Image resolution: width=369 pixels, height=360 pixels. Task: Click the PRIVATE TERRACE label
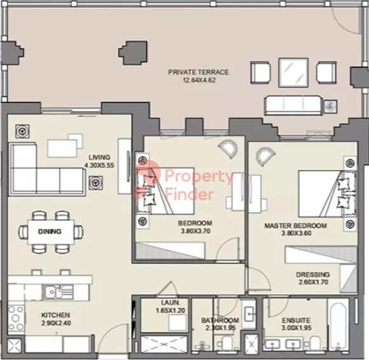click(x=198, y=72)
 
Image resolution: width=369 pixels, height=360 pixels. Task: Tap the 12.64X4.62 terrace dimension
click(x=199, y=80)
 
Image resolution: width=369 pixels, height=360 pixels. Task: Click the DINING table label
click(x=50, y=232)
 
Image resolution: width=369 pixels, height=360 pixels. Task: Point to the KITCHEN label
click(x=55, y=315)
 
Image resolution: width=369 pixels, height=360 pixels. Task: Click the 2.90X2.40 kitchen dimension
click(x=56, y=323)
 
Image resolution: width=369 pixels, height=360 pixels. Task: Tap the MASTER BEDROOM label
click(x=296, y=226)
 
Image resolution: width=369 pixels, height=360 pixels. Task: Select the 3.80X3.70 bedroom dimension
click(x=195, y=231)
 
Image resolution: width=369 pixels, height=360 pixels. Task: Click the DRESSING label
click(x=313, y=274)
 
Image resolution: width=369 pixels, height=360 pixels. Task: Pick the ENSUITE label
click(x=296, y=320)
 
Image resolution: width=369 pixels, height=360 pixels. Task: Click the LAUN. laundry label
click(x=170, y=303)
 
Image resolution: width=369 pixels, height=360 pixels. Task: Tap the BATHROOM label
click(x=220, y=320)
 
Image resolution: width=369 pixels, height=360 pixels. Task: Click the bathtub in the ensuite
click(x=338, y=325)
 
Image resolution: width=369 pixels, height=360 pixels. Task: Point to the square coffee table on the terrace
click(x=293, y=73)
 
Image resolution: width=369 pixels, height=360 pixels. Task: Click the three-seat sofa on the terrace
click(x=293, y=105)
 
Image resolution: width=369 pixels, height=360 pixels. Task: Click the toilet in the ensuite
click(x=315, y=343)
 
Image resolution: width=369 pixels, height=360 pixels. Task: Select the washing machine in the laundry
click(x=178, y=323)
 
